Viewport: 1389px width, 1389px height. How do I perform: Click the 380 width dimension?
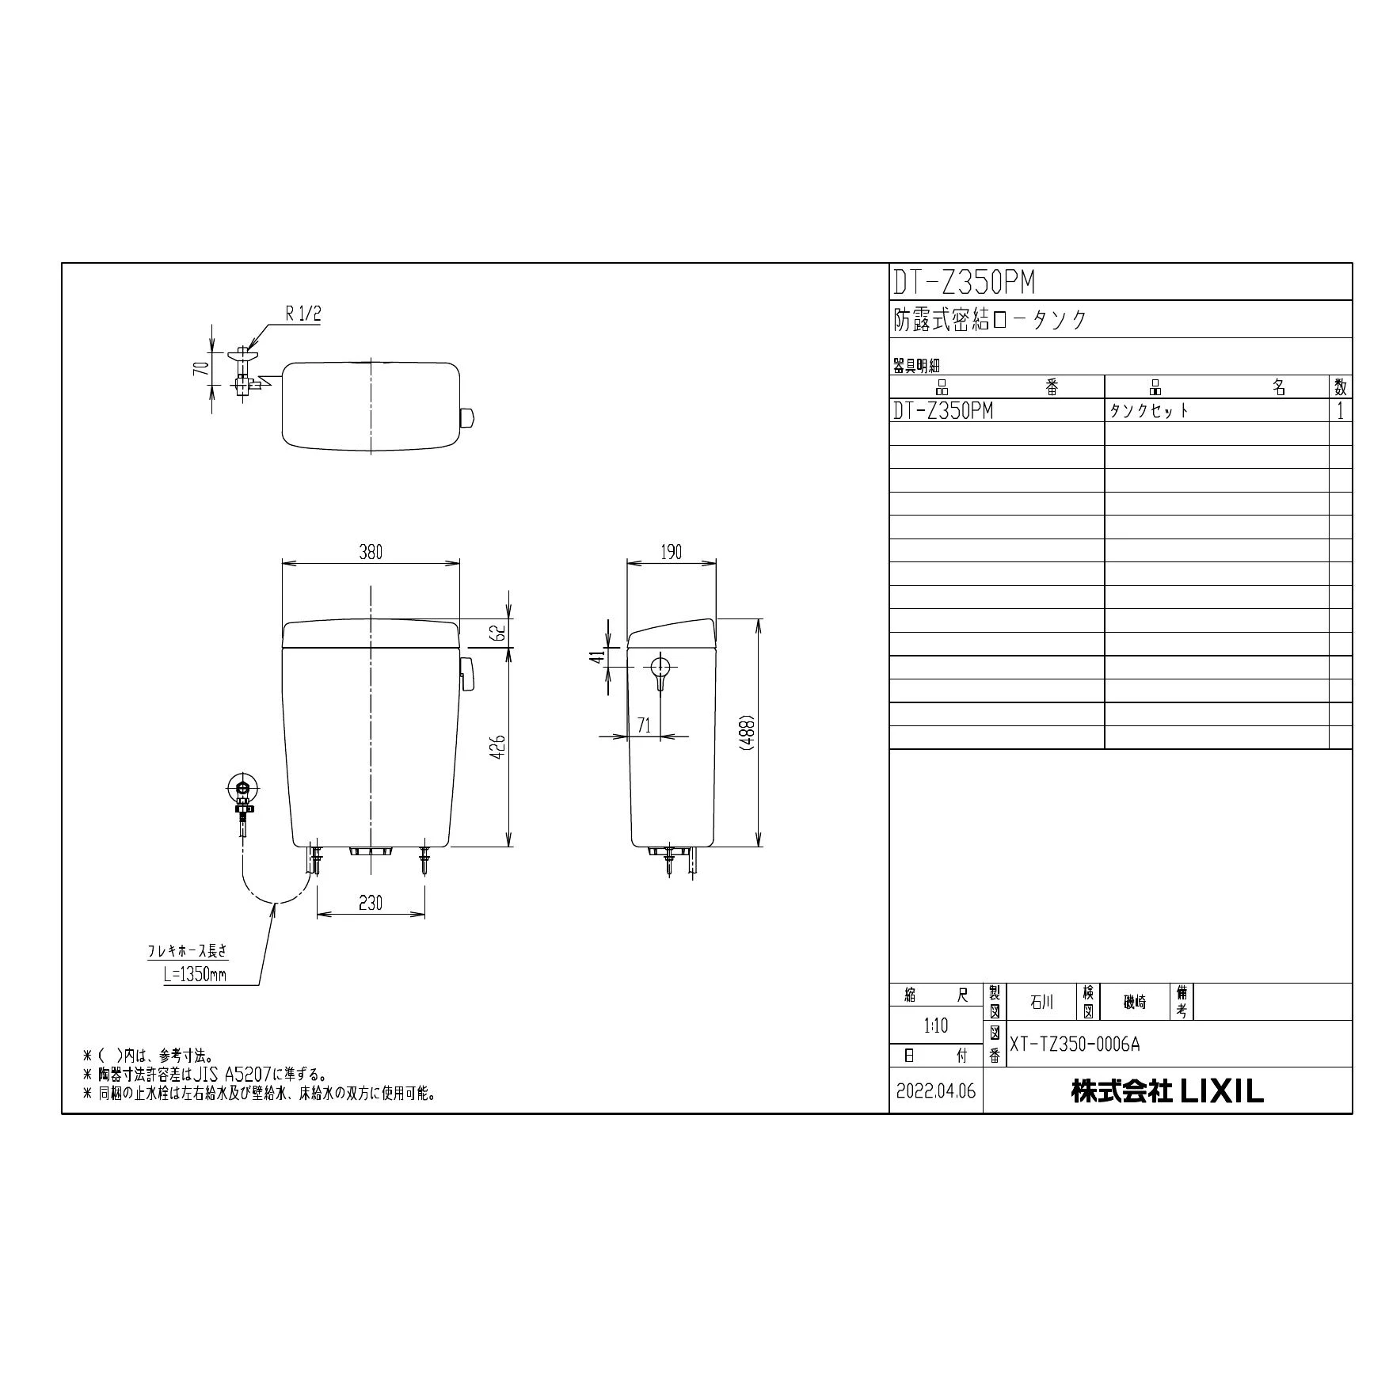[371, 552]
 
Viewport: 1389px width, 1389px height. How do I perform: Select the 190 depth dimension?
[671, 552]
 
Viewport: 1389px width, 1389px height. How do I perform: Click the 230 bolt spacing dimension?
[371, 902]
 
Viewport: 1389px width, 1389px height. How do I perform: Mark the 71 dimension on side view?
[644, 725]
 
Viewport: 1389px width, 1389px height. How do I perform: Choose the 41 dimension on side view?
[599, 656]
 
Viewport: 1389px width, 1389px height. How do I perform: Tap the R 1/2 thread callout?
[303, 314]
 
